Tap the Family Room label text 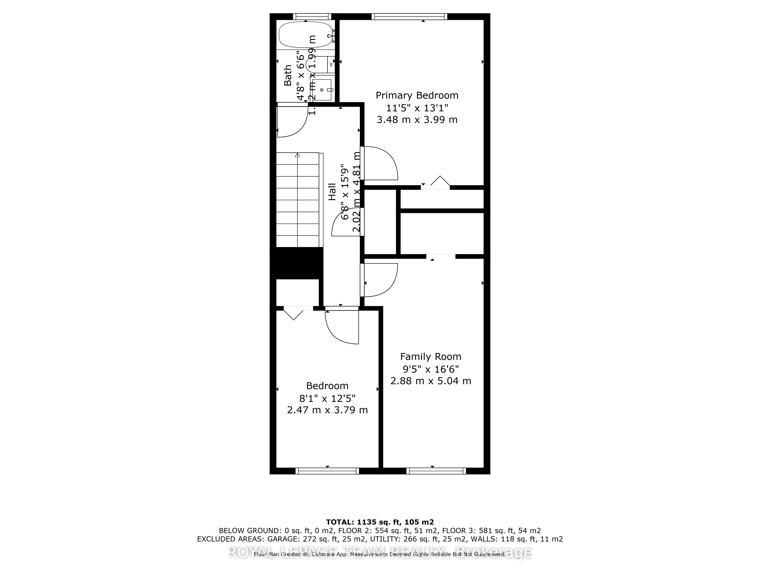click(431, 357)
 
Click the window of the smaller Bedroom click(327, 471)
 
